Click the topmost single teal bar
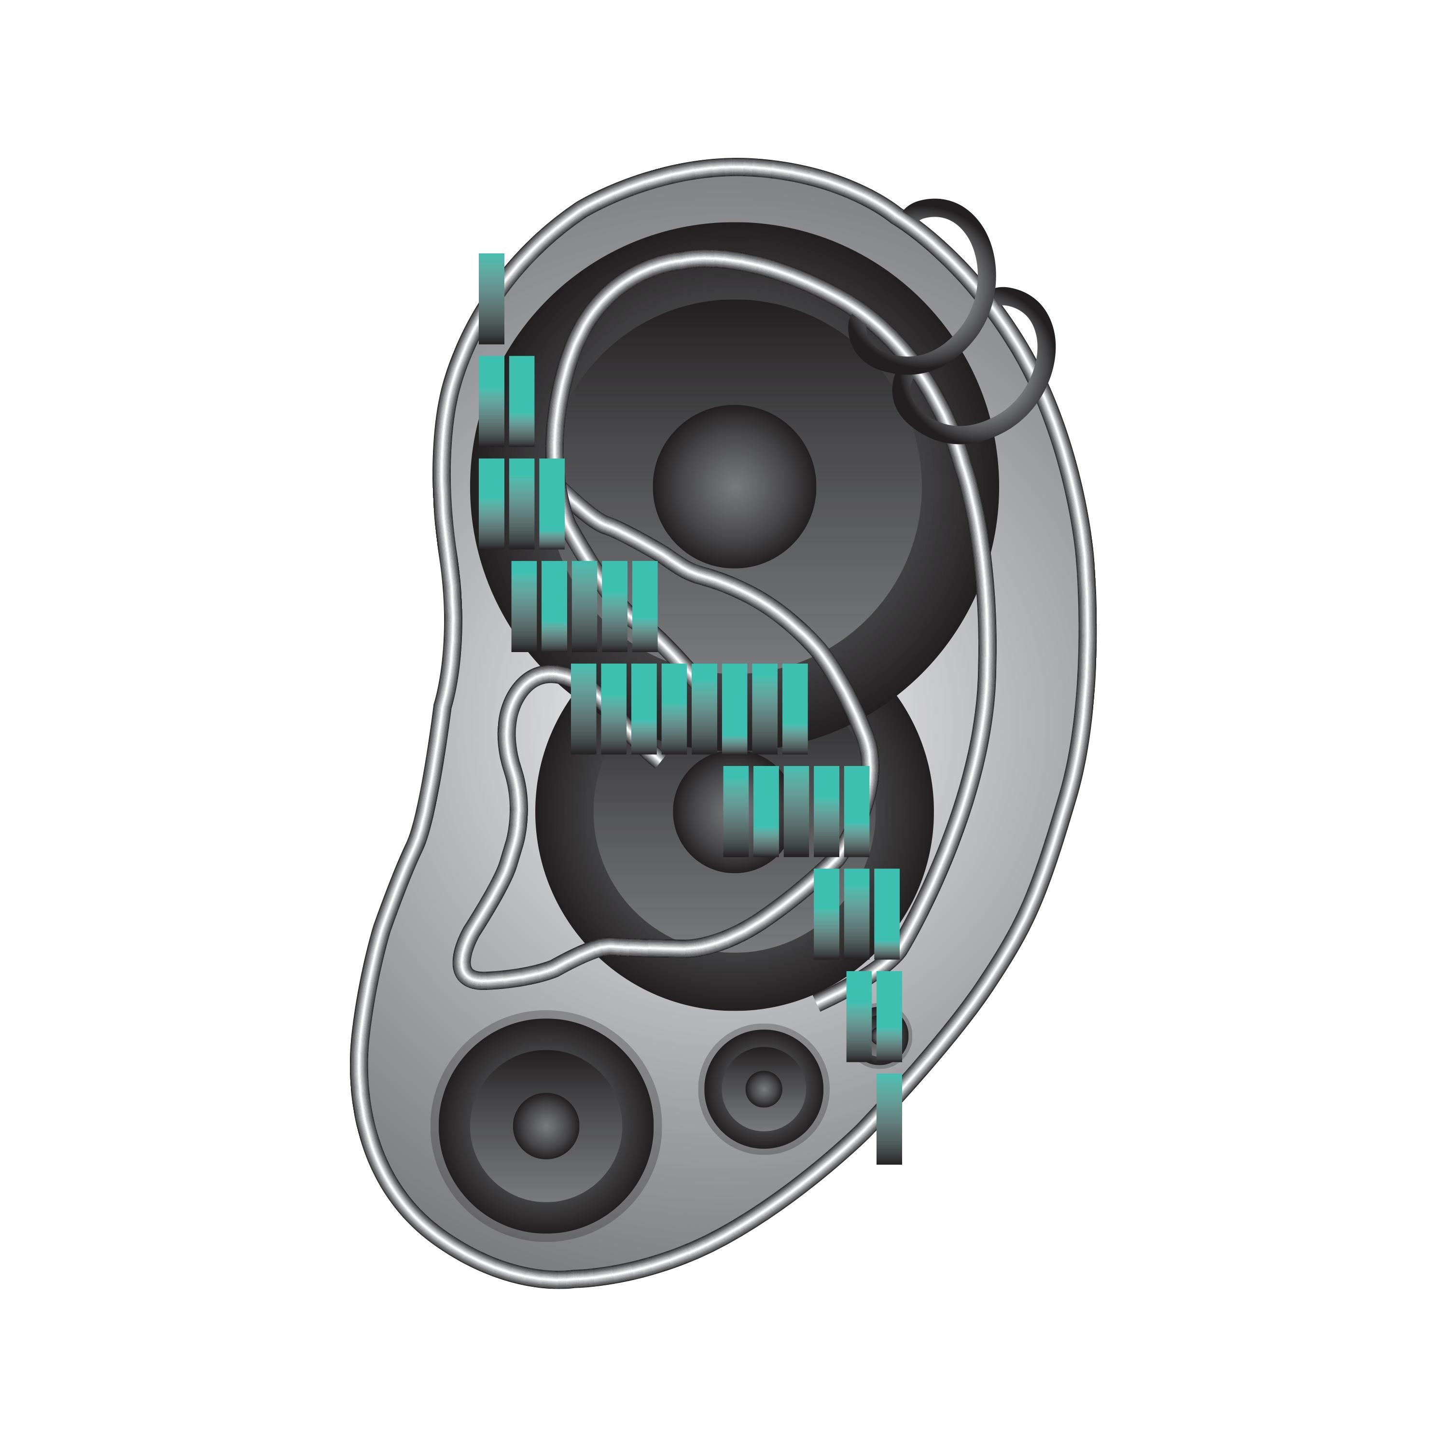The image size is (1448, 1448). pos(492,297)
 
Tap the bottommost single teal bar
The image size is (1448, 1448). pos(889,1118)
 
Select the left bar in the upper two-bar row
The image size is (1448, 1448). pos(492,400)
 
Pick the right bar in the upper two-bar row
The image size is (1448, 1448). pos(522,400)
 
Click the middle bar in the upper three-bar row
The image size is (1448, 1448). pos(522,502)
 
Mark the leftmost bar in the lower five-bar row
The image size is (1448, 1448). pos(736,810)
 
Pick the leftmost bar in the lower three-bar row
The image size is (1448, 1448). pos(827,913)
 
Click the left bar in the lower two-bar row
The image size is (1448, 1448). pos(859,1016)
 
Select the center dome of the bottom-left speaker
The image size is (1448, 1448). pos(545,1126)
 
